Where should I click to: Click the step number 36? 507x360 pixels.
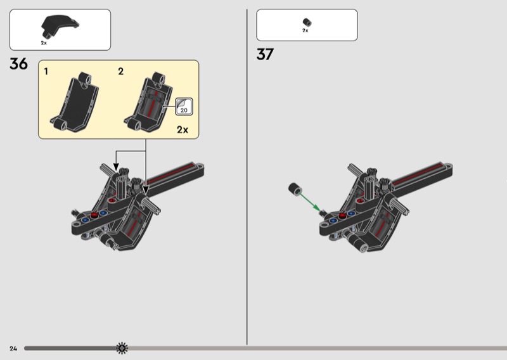coord(19,64)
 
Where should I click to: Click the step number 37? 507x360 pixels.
coord(265,54)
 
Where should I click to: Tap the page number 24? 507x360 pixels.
coord(13,349)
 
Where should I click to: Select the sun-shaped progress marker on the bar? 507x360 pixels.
coord(122,348)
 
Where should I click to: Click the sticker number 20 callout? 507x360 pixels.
coord(184,106)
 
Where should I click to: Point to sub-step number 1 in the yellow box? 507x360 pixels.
coord(46,72)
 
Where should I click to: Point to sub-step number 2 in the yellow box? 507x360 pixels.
coord(120,72)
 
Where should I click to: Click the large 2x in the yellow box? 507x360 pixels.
coord(183,130)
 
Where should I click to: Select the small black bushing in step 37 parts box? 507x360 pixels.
coord(307,22)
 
